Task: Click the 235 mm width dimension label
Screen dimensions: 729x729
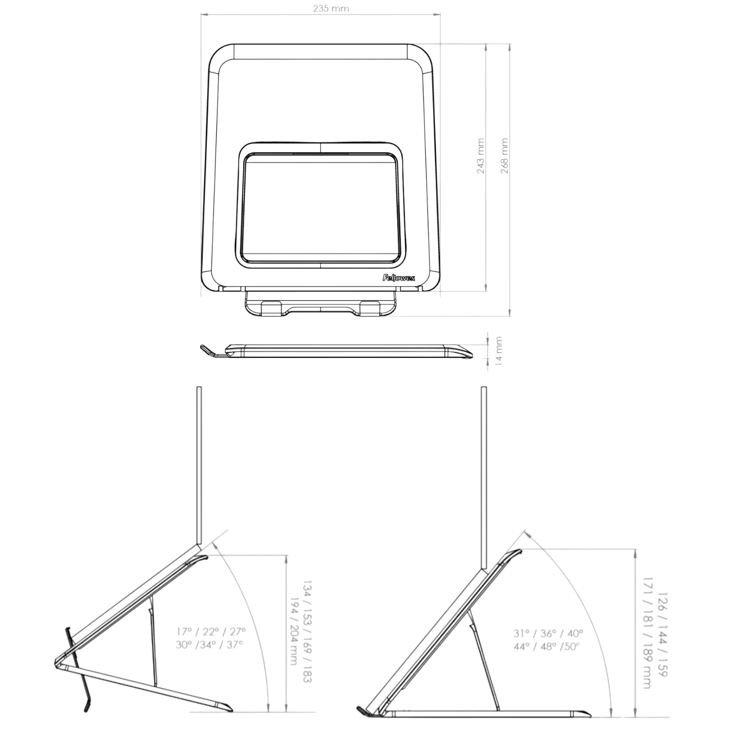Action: point(331,9)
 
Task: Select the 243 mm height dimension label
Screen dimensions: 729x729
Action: point(481,156)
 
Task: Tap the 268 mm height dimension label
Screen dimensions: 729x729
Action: point(504,156)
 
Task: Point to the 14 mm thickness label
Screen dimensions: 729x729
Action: point(499,351)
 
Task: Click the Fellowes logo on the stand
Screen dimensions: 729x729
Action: point(399,279)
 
